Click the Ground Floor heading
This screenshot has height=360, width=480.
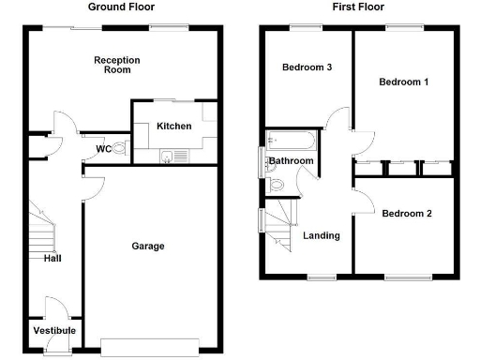121,7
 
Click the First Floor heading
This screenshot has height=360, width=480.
356,7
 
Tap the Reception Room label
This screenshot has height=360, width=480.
117,65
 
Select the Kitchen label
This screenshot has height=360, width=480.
174,126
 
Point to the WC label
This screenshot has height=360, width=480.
104,148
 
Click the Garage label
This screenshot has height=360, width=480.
148,246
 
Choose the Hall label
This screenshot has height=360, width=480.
52,259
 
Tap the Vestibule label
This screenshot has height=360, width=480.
54,331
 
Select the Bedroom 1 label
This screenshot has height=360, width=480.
404,82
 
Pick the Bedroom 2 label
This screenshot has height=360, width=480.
407,213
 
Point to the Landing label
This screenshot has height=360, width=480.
322,235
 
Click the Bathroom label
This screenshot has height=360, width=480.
292,161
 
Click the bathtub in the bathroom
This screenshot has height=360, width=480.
292,142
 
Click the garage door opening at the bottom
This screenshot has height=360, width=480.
151,348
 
